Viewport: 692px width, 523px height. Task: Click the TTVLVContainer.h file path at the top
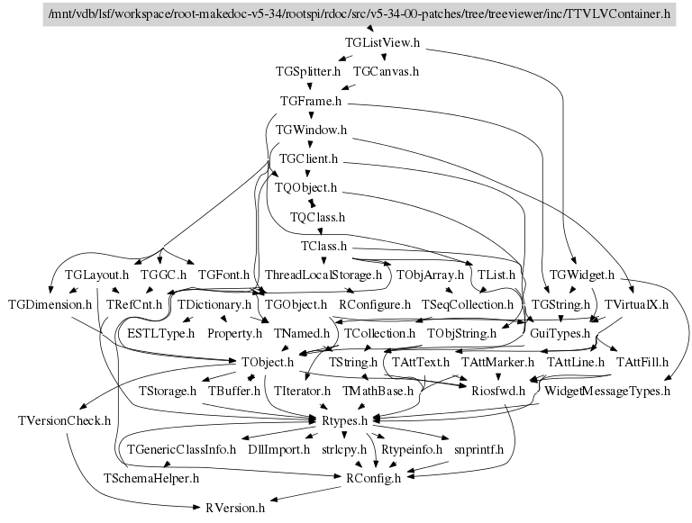[359, 15]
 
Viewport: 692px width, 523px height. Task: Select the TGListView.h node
[383, 42]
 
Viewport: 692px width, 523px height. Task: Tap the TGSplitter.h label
[308, 70]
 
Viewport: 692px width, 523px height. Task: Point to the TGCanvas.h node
[387, 70]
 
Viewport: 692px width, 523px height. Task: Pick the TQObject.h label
[306, 188]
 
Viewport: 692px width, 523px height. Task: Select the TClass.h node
[324, 245]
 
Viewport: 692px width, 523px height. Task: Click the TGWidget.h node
[581, 274]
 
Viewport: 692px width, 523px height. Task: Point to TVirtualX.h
[636, 304]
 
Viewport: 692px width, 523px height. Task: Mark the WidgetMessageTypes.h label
[608, 392]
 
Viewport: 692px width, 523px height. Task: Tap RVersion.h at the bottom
[233, 508]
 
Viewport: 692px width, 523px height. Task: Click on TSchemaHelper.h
[151, 478]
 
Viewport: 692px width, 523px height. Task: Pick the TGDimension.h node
[50, 304]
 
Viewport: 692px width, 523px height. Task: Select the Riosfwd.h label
[493, 392]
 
